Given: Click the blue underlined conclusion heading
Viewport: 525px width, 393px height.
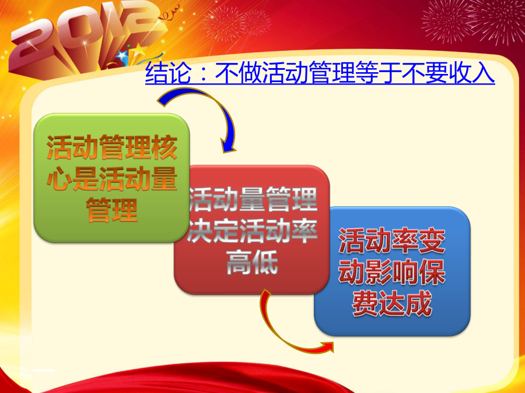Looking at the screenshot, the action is coord(320,73).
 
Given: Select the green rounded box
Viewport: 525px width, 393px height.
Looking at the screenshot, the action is coord(111,178).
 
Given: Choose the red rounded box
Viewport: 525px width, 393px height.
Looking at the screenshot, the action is coord(252,230).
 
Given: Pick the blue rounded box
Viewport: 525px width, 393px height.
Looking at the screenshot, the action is coord(392,271).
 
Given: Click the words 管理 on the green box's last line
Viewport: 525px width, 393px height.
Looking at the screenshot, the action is coord(111,210).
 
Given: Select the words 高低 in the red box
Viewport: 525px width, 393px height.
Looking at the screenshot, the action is coord(252,262).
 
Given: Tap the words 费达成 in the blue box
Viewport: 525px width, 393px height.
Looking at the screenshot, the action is coord(392,304).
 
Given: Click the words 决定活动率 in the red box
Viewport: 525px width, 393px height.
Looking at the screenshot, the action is coord(252,231).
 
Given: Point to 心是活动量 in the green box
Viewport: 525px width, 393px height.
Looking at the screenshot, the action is coord(111,179).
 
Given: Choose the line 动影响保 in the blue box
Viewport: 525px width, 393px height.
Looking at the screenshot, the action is coord(392,272).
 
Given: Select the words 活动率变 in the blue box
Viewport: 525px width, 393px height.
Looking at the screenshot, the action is coord(392,240).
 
